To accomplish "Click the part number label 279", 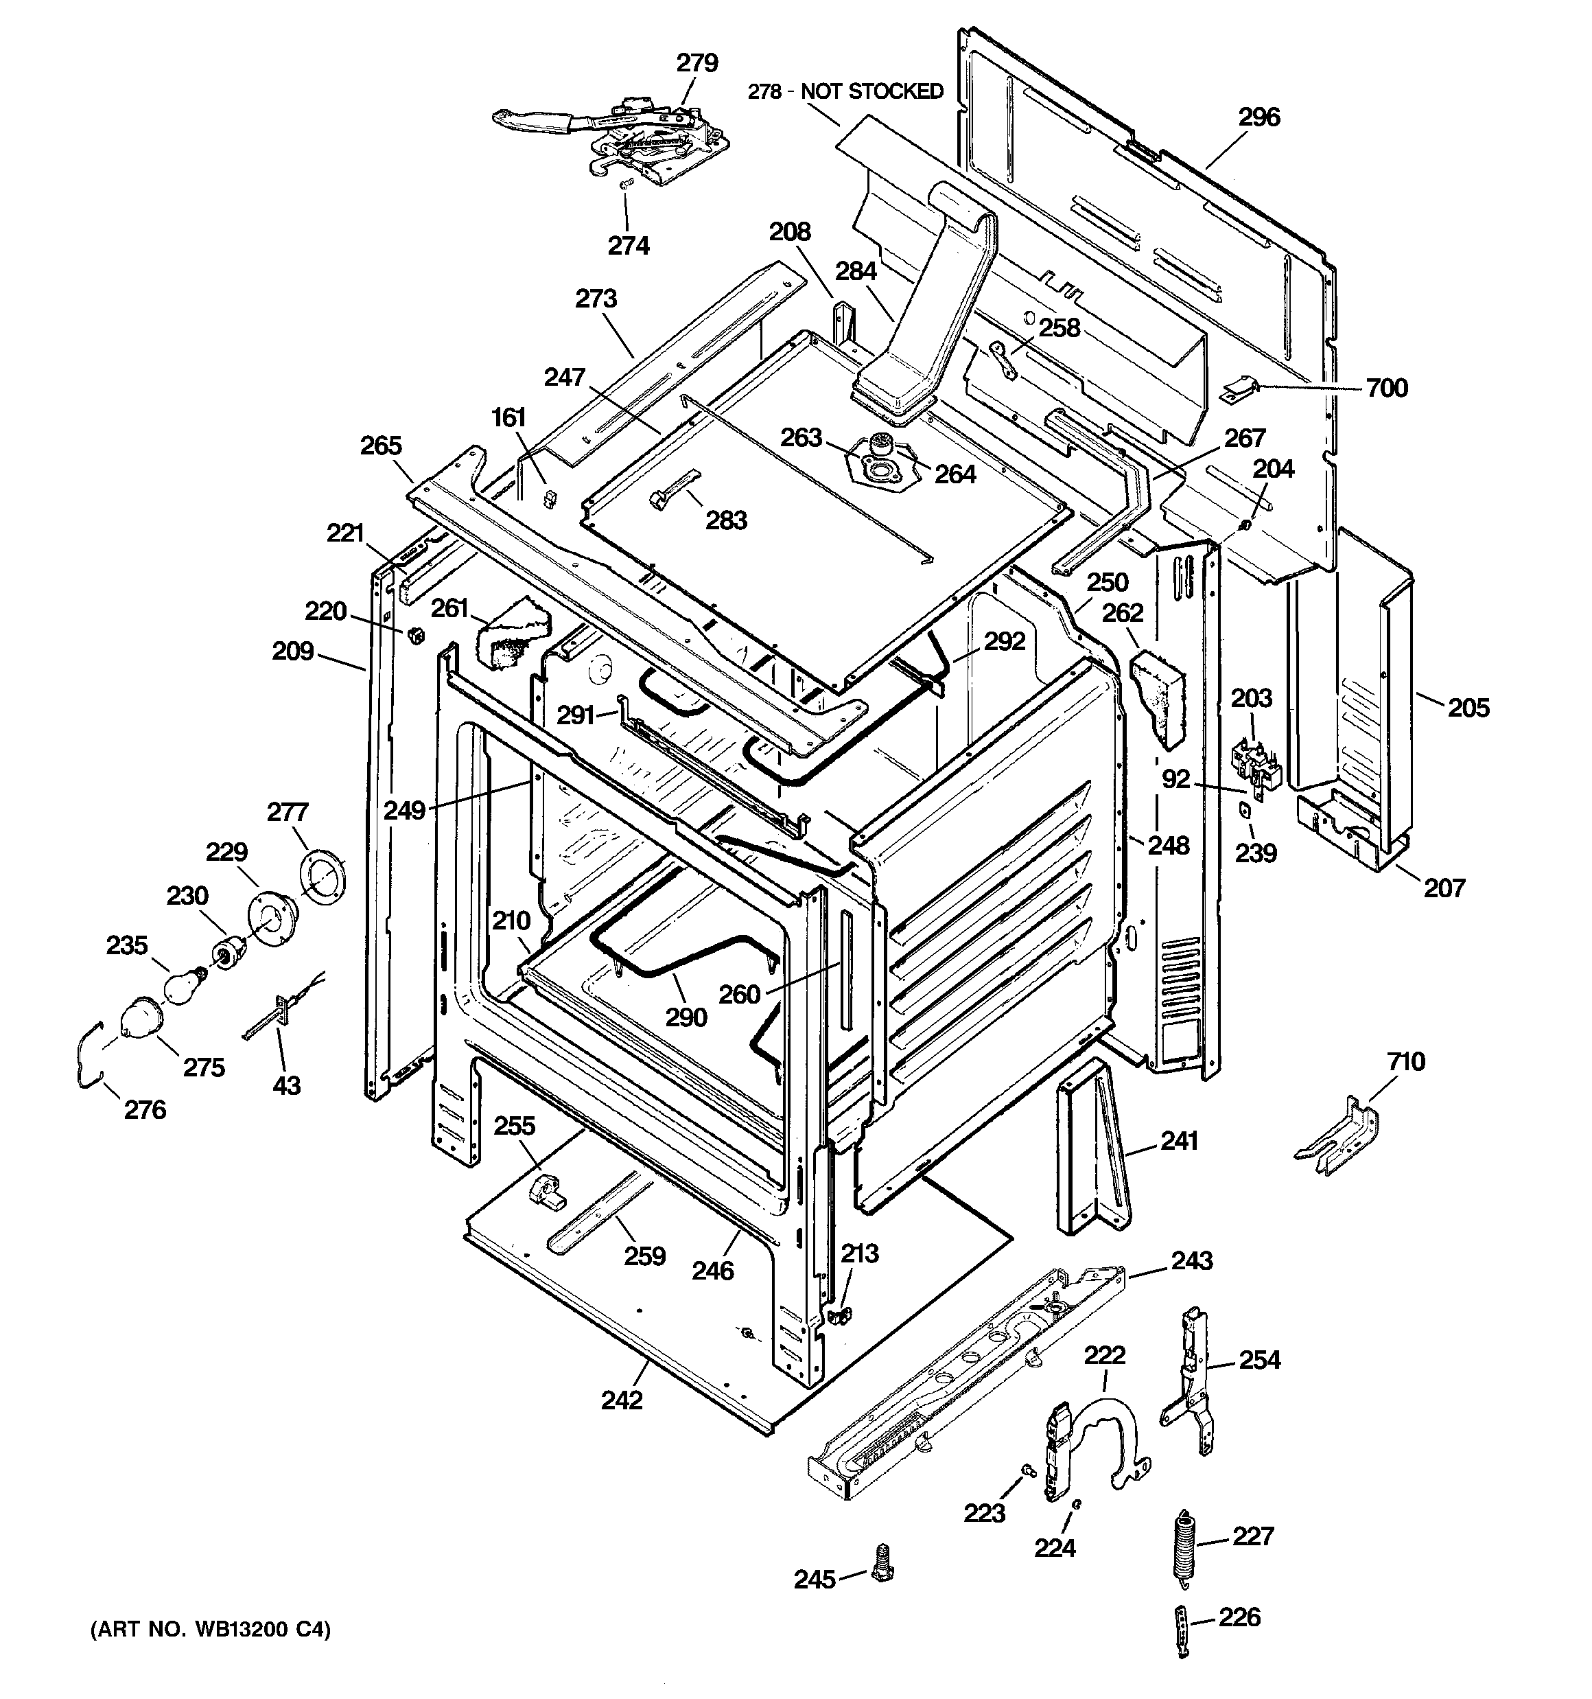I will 697,63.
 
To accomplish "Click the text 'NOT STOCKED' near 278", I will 871,91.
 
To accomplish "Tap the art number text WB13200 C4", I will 210,1654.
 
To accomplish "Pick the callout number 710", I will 1406,1061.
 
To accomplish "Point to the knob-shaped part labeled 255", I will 546,1190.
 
